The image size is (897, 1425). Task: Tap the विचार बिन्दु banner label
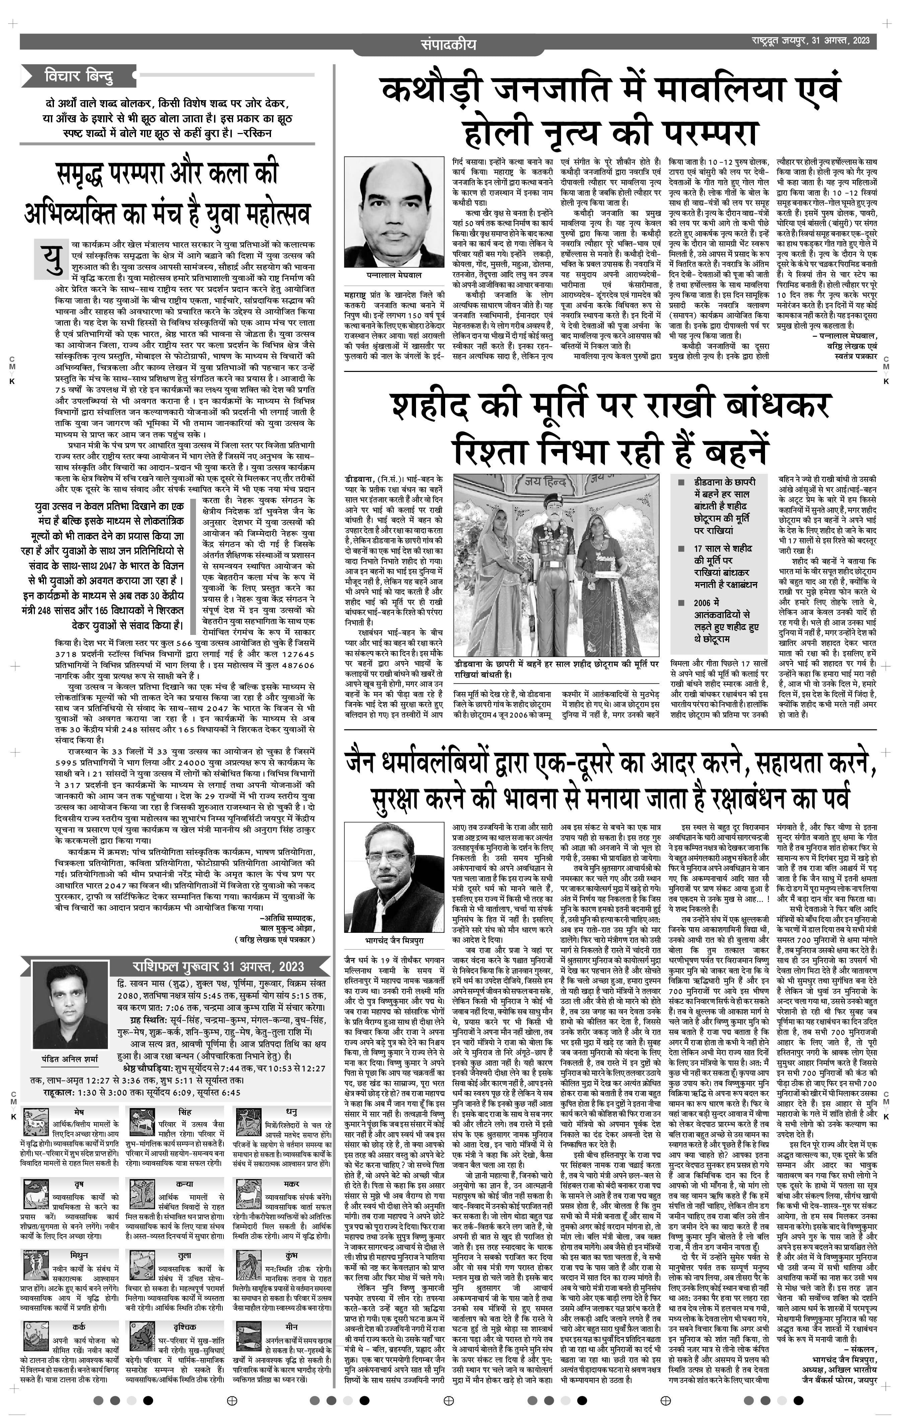pyautogui.click(x=79, y=76)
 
